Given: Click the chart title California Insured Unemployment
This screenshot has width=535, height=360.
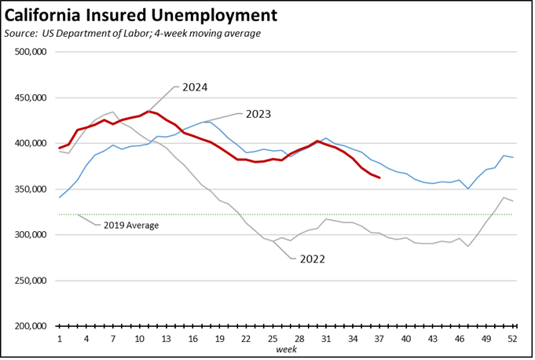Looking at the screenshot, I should click(141, 15).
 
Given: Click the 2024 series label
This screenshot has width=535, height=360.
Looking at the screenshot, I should click(195, 87).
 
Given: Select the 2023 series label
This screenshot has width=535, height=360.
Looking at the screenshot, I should click(258, 114).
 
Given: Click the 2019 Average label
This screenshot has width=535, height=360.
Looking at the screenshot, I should click(131, 226).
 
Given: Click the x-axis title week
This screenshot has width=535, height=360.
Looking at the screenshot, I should click(286, 349).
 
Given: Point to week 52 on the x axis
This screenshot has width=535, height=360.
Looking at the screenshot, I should click(513, 339).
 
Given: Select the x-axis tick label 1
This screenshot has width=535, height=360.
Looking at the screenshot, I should click(60, 339).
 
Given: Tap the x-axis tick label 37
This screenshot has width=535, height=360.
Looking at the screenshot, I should click(379, 339).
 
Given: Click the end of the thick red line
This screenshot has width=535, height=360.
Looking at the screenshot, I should click(379, 178).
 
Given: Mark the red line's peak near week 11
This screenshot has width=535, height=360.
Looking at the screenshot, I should click(148, 112).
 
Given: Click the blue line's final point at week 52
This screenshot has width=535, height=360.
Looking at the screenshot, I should click(513, 158).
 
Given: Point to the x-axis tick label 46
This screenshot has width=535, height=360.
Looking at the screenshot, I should click(460, 339).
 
